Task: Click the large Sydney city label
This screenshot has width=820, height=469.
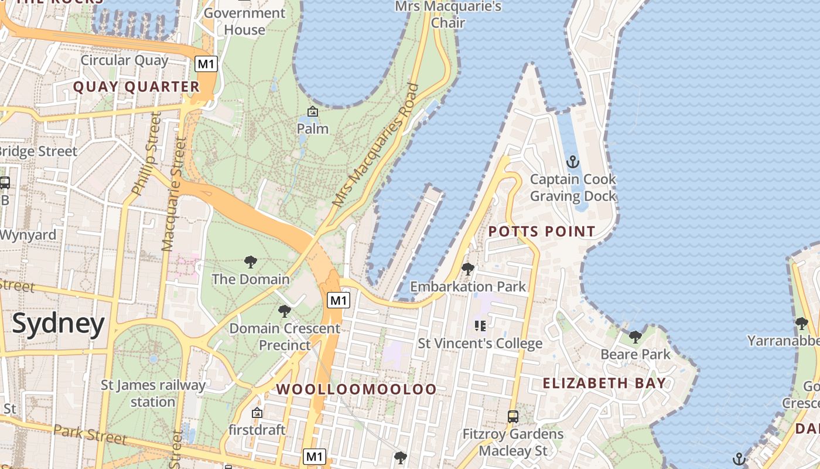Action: click(x=58, y=324)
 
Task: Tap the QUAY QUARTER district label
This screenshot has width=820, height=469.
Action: click(x=136, y=87)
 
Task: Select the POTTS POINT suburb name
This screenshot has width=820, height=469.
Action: click(x=542, y=232)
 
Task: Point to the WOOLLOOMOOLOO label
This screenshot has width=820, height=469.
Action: click(x=356, y=389)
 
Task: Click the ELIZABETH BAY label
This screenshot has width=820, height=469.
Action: click(x=604, y=383)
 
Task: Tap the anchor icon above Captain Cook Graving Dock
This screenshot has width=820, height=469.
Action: click(x=572, y=161)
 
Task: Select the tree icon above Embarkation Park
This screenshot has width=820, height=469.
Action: click(x=467, y=269)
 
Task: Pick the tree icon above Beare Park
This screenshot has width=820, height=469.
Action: click(x=635, y=337)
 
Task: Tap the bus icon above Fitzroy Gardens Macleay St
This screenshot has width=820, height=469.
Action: click(x=512, y=417)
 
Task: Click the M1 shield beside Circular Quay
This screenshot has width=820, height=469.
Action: click(x=206, y=64)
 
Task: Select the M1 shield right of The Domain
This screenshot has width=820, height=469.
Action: click(x=339, y=301)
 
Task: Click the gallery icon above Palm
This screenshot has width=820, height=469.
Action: click(x=313, y=111)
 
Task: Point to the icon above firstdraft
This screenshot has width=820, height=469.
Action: click(x=257, y=413)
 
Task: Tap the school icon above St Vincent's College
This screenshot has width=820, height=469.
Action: click(x=480, y=326)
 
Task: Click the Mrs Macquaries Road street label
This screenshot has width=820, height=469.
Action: click(x=376, y=145)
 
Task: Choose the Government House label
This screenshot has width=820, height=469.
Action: click(x=244, y=21)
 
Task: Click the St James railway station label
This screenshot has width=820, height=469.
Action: click(x=153, y=393)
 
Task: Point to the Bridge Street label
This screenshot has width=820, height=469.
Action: click(x=38, y=151)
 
